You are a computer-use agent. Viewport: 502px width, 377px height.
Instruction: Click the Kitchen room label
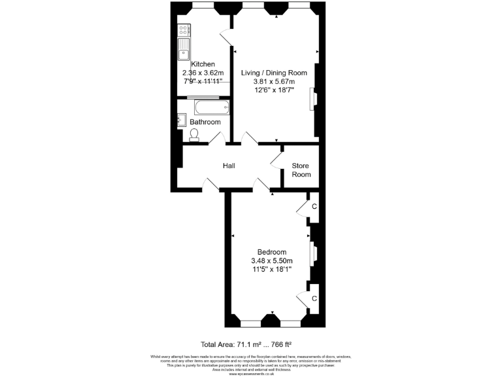pos(203,63)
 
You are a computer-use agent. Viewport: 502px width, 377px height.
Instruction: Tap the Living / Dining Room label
pos(274,72)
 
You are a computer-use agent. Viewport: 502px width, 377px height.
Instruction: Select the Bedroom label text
pos(271,252)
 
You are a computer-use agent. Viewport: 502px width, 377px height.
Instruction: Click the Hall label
pos(229,166)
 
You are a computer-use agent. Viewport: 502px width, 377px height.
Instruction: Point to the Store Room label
pos(301,170)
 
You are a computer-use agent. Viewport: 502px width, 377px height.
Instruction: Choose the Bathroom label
pos(205,122)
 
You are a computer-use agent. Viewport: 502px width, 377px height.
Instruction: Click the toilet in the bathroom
pos(194,135)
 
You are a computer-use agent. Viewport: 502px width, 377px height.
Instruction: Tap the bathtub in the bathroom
pos(208,106)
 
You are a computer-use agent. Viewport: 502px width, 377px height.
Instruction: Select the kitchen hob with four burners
pos(184,29)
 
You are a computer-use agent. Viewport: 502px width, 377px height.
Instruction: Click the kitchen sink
pos(184,48)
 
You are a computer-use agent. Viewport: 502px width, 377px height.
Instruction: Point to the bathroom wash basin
pos(181,120)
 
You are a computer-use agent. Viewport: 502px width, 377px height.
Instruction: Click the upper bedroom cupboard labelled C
pos(314,207)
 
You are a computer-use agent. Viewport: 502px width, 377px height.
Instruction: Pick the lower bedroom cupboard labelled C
pos(314,298)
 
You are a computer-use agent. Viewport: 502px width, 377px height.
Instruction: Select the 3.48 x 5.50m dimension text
pos(271,260)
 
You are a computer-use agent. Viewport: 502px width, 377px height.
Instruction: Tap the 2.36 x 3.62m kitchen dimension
pos(203,73)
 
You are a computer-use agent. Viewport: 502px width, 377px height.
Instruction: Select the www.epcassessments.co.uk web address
pos(251,373)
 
